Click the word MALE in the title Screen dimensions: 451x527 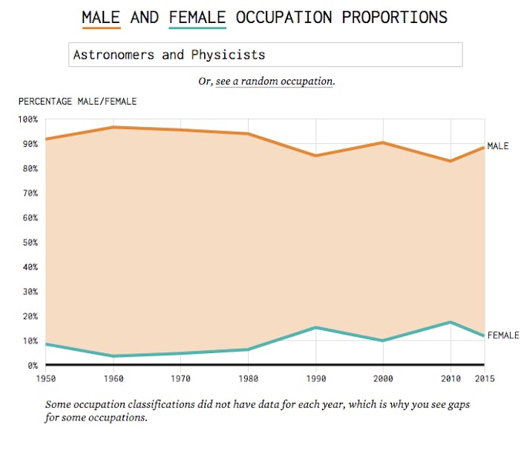pyautogui.click(x=101, y=16)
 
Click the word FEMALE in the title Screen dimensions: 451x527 pyautogui.click(x=197, y=16)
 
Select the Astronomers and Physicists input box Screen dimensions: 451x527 pyautogui.click(x=265, y=55)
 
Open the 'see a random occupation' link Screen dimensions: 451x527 pyautogui.click(x=274, y=81)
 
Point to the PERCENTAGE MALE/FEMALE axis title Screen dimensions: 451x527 pyautogui.click(x=78, y=102)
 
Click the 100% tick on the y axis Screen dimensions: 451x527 pyautogui.click(x=27, y=119)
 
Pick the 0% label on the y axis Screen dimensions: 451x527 pyautogui.click(x=32, y=366)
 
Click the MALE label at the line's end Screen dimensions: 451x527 pyautogui.click(x=498, y=146)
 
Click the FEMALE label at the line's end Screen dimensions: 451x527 pyautogui.click(x=503, y=335)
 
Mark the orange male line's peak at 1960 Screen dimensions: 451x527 pyautogui.click(x=114, y=127)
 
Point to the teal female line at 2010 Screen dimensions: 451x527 pyautogui.click(x=451, y=322)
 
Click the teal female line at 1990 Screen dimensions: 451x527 pyautogui.click(x=316, y=327)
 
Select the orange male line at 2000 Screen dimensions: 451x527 pyautogui.click(x=383, y=142)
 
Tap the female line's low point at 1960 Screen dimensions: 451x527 pyautogui.click(x=114, y=356)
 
